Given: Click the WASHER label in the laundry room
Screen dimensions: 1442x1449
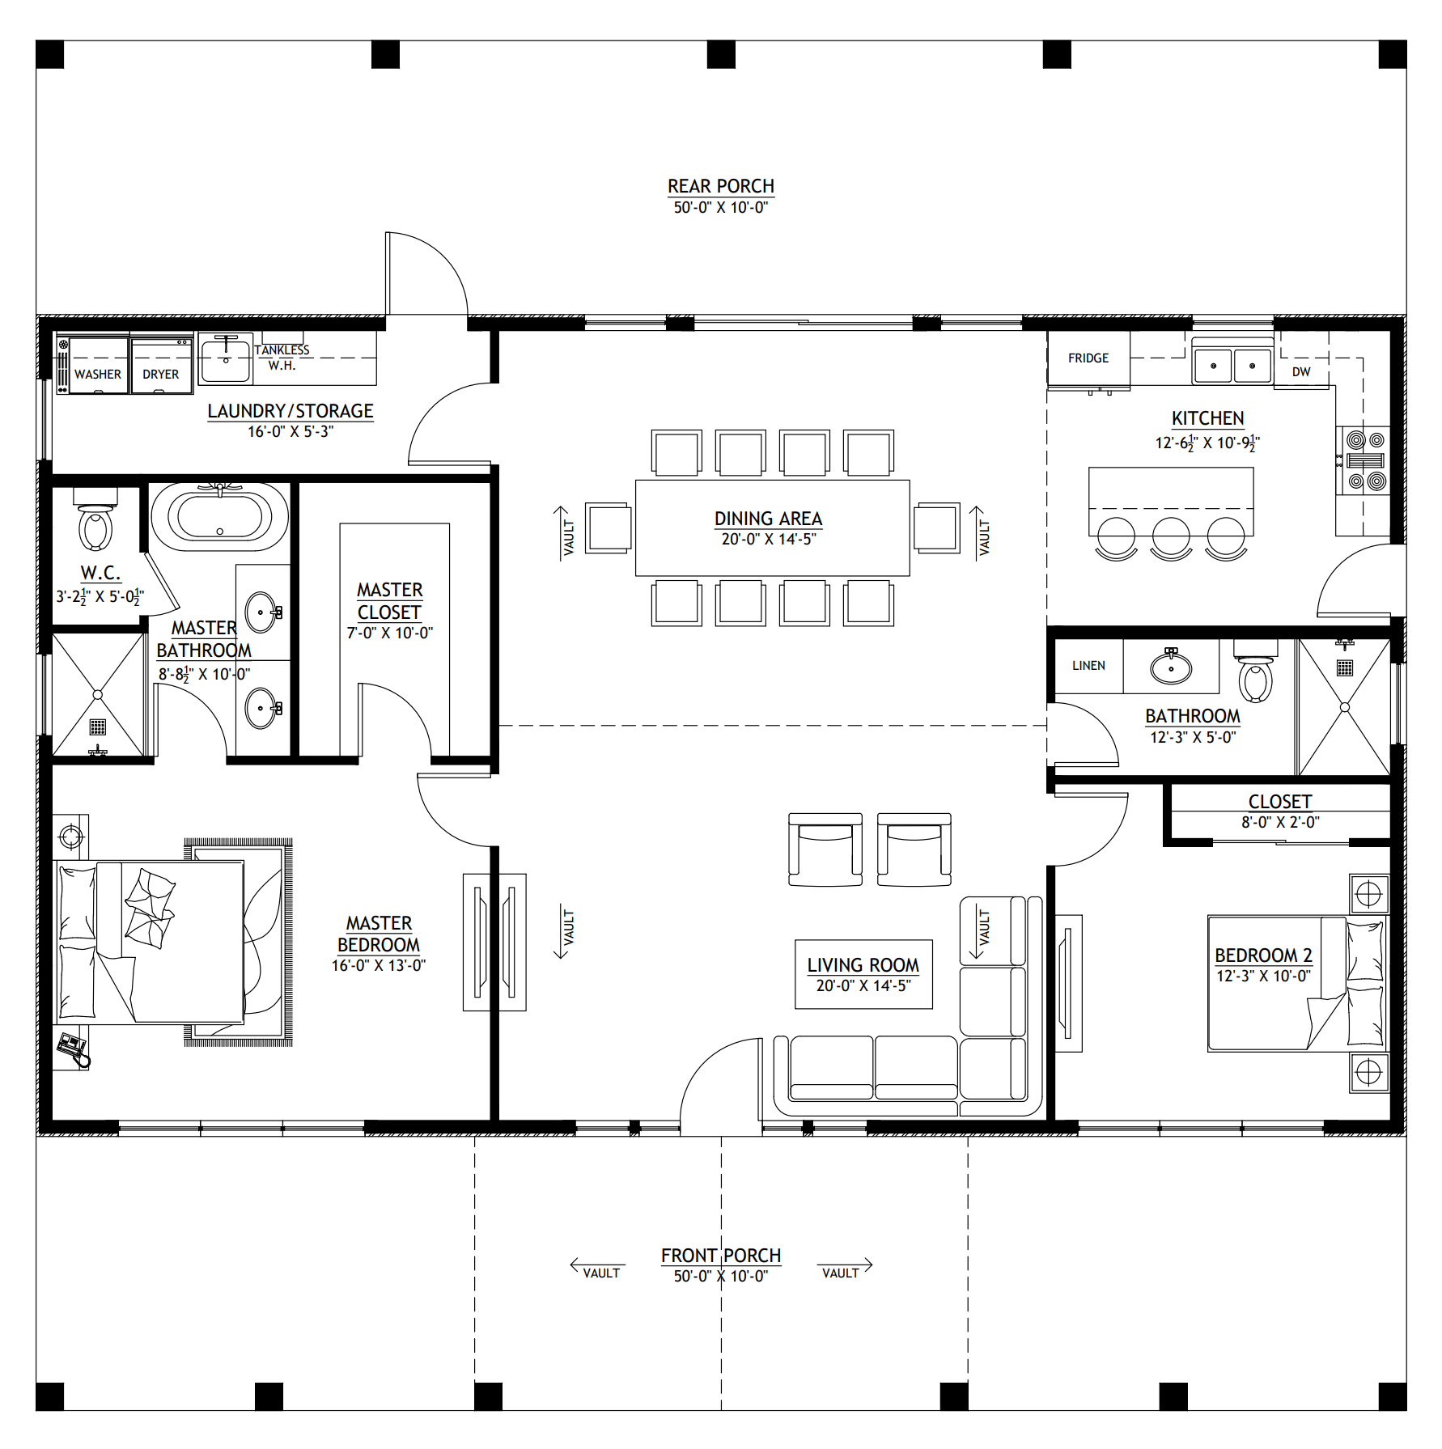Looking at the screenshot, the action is (x=98, y=375).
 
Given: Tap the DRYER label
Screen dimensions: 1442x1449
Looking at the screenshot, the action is (x=161, y=375).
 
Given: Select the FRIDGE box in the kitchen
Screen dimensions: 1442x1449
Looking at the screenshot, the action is (x=1088, y=358).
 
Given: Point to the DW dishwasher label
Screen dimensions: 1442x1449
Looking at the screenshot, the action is (x=1301, y=372).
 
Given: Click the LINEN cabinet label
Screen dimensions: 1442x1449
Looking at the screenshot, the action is (x=1088, y=666).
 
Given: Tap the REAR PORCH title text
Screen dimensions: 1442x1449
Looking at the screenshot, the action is (x=721, y=186).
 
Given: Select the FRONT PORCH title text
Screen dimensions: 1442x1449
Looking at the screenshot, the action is (x=721, y=1256).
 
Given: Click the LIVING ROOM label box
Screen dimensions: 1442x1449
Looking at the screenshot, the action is (x=863, y=974).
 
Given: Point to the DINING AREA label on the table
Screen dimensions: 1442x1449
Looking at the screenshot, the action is (x=768, y=519).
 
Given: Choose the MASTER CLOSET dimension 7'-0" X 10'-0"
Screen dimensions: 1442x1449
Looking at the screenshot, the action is (x=390, y=633).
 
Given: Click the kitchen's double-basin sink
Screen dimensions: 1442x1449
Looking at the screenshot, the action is (x=1232, y=365).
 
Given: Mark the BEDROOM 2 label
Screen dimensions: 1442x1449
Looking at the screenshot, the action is (x=1263, y=955).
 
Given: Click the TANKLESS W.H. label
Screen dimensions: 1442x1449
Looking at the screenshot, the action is (x=282, y=358).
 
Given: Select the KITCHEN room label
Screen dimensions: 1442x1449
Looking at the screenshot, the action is (x=1208, y=418).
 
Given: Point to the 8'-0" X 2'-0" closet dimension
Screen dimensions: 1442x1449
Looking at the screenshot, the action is (x=1280, y=822).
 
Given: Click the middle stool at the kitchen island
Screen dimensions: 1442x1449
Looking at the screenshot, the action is (x=1171, y=538).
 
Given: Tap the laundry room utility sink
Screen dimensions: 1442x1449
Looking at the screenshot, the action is (x=226, y=358).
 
